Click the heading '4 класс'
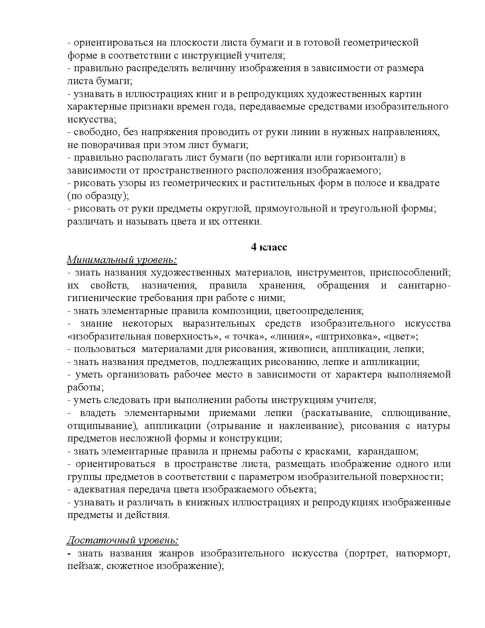click(x=269, y=247)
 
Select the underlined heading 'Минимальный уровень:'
click(x=122, y=260)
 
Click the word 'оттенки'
click(x=242, y=222)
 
